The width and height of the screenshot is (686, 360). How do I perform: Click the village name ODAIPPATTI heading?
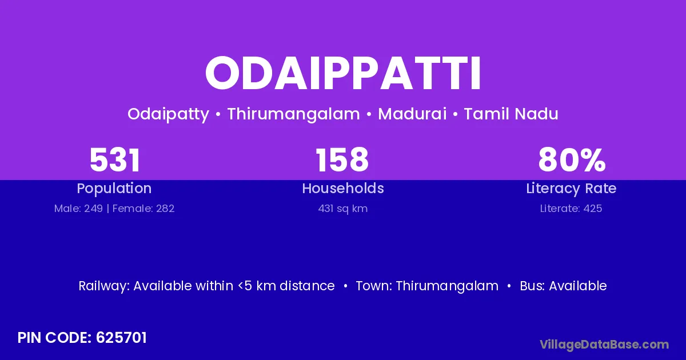(343, 74)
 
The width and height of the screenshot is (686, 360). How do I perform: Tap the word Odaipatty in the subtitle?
(169, 114)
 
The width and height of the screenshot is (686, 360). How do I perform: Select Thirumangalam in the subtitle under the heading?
(293, 114)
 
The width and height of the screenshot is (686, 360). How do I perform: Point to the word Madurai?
(412, 114)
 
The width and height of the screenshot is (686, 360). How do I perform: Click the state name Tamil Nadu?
(511, 114)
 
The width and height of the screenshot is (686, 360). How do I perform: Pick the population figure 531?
(115, 160)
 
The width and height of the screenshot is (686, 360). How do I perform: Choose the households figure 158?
(342, 160)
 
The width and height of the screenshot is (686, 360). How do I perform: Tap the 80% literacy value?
(572, 160)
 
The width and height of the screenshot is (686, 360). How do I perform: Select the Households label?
(343, 188)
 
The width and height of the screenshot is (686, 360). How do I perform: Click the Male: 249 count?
(78, 209)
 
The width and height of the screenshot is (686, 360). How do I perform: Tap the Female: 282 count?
(143, 209)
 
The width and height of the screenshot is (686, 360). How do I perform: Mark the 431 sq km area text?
(343, 209)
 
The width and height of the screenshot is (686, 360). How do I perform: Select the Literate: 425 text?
(571, 209)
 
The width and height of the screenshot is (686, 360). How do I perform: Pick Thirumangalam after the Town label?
(447, 286)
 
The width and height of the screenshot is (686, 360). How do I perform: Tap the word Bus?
(532, 286)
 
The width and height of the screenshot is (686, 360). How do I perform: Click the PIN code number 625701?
(121, 338)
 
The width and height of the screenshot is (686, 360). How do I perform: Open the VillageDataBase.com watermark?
(604, 345)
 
